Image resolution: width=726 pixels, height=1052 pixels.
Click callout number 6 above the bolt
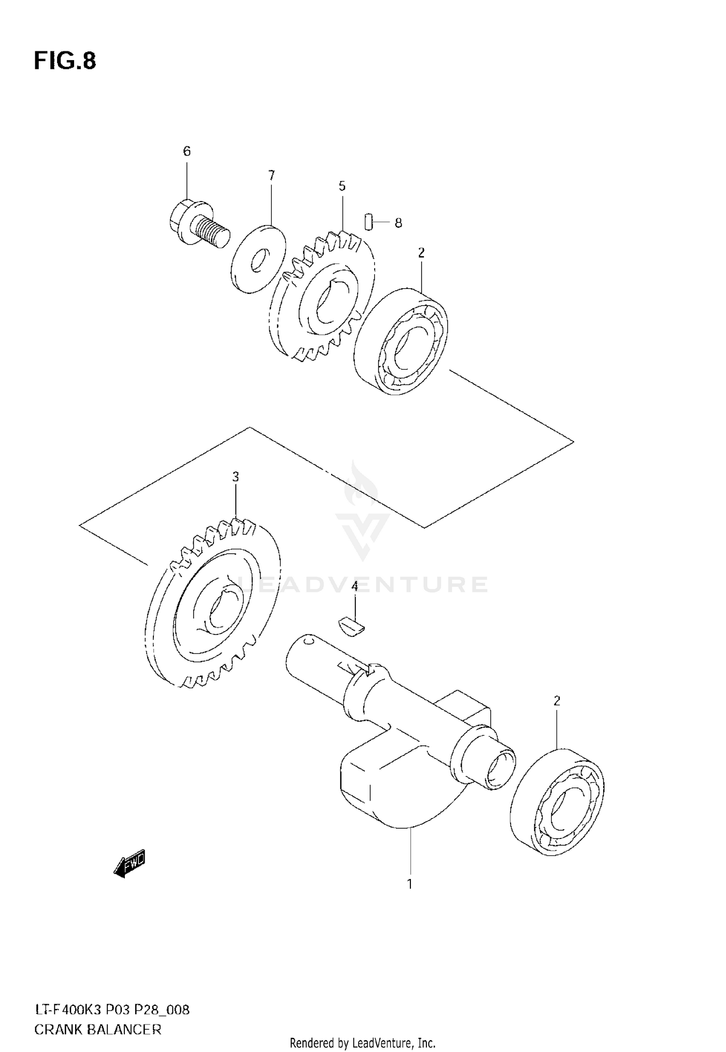pyautogui.click(x=187, y=152)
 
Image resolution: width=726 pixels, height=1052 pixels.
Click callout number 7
pyautogui.click(x=271, y=175)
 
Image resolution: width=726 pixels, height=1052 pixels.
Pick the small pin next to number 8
pyautogui.click(x=368, y=222)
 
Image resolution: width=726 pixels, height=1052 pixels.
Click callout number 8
pyautogui.click(x=398, y=223)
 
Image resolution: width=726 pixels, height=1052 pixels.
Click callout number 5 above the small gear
pyautogui.click(x=342, y=186)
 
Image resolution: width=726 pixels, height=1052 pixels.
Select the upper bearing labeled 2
pyautogui.click(x=402, y=341)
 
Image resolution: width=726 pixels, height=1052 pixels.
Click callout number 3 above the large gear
pyautogui.click(x=235, y=477)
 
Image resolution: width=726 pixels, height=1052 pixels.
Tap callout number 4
pyautogui.click(x=354, y=587)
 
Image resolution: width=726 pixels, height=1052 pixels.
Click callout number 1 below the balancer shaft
pyautogui.click(x=409, y=884)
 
